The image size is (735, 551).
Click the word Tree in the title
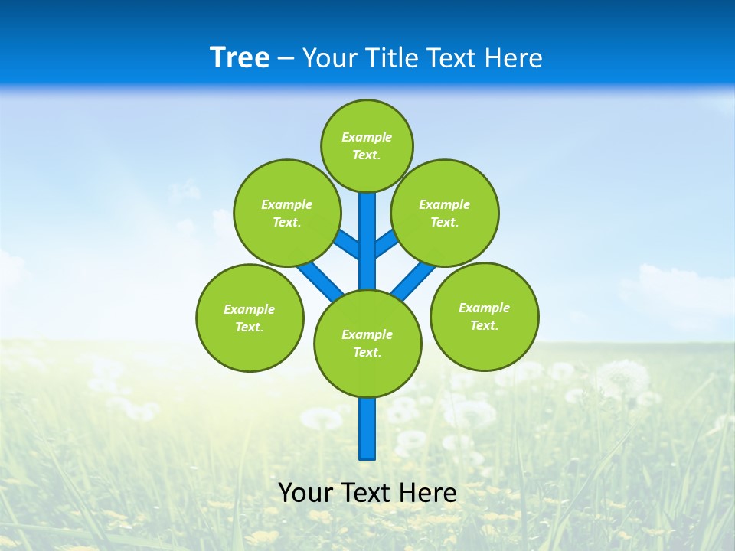tap(240, 57)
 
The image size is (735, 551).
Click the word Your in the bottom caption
tap(305, 492)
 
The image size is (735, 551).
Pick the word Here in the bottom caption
tap(429, 492)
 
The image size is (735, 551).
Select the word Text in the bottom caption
tap(367, 492)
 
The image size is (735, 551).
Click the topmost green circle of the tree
tap(367, 145)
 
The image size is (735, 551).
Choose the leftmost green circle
tap(250, 318)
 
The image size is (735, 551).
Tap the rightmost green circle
tap(484, 316)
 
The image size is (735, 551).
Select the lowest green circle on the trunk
tap(367, 343)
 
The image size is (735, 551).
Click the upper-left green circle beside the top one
tap(286, 213)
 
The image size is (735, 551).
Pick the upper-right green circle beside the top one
tap(444, 213)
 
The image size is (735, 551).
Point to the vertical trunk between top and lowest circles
tap(367, 241)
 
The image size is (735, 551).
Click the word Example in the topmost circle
tap(367, 137)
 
